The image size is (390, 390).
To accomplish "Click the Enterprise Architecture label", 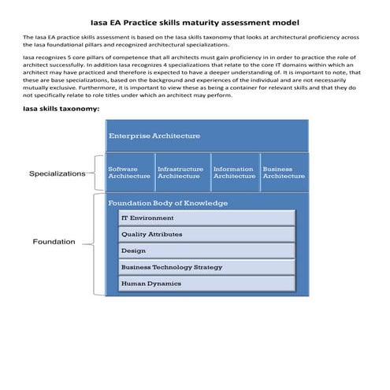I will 154,136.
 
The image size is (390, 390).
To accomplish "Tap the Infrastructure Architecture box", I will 180,173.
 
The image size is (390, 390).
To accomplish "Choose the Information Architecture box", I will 234,173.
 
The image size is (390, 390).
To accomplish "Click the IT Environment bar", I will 206,218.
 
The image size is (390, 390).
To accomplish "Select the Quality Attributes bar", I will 206,235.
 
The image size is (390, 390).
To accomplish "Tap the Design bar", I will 206,251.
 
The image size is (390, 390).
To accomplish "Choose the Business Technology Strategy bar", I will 206,267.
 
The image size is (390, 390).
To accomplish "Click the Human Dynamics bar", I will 206,284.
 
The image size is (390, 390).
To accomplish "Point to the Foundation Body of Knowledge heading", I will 168,202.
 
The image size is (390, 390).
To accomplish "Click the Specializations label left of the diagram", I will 57,173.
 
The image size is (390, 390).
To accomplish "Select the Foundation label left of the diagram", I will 54,242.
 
